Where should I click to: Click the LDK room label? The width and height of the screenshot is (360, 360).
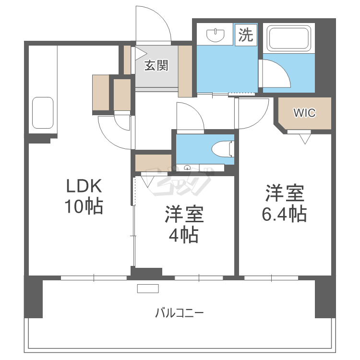point(84,185)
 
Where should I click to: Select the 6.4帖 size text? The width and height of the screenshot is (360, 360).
point(284,214)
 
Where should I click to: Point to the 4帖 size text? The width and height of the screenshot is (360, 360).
point(184,235)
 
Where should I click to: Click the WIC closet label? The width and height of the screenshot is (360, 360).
point(304,113)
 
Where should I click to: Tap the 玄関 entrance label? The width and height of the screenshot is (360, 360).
point(156,66)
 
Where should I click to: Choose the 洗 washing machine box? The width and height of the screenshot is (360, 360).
point(246,35)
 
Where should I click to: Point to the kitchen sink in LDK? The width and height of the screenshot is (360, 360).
point(43,113)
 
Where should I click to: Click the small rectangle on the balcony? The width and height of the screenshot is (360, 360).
point(148,288)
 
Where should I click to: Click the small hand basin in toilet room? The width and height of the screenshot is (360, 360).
point(188,168)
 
